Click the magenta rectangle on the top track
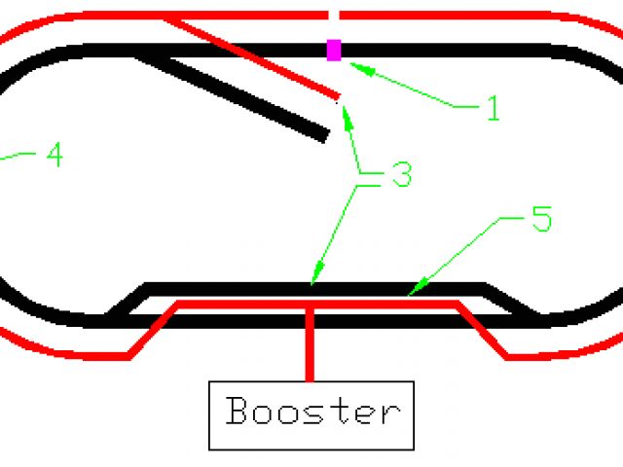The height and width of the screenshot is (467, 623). (x=334, y=50)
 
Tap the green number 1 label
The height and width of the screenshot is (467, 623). (x=492, y=108)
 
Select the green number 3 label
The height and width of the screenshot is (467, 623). (x=400, y=175)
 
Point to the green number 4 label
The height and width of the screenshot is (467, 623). (x=54, y=155)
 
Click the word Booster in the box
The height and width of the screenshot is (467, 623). (x=311, y=411)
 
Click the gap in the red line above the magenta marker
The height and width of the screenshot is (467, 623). (x=334, y=15)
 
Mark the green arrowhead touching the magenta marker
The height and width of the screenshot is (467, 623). (x=353, y=65)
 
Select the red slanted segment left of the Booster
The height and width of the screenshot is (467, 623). (x=154, y=331)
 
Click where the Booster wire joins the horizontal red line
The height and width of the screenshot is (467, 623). (x=311, y=305)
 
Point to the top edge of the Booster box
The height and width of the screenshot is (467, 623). (x=311, y=382)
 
